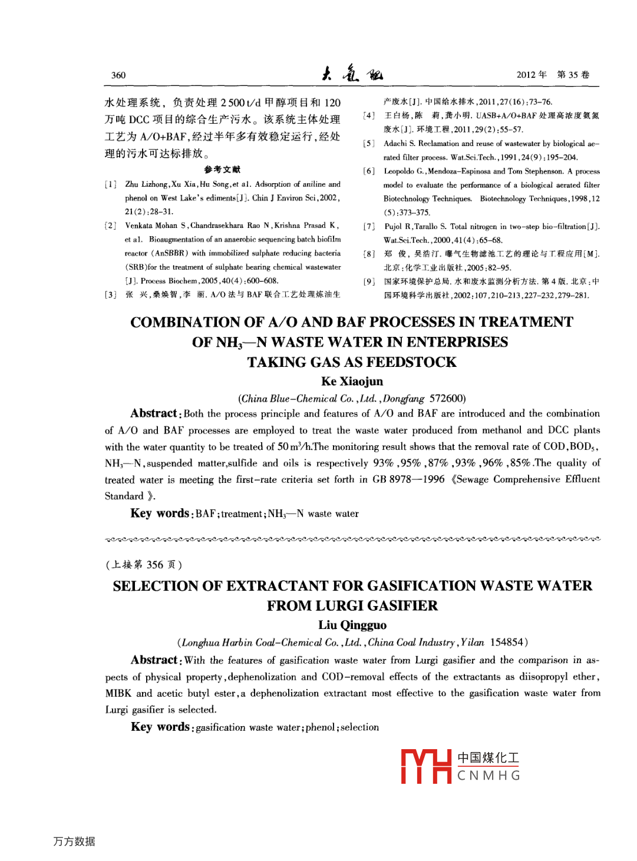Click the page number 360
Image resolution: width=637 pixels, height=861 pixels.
point(118,75)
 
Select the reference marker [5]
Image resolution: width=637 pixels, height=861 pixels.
point(369,144)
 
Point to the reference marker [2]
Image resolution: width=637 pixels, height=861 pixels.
point(110,226)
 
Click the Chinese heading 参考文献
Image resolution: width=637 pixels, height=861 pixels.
point(222,170)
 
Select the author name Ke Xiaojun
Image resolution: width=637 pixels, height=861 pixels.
point(352,382)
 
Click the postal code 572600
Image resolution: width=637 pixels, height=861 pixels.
point(447,399)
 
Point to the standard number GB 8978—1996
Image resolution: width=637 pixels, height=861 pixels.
point(408,479)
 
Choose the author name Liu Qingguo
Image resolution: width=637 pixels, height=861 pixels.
point(352,625)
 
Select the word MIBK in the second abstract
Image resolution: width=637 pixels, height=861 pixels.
point(118,693)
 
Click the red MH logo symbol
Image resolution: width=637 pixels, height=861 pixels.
point(426,766)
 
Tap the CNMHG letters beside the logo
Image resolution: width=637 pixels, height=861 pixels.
point(489,776)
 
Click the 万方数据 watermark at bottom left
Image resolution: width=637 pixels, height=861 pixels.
point(74,842)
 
